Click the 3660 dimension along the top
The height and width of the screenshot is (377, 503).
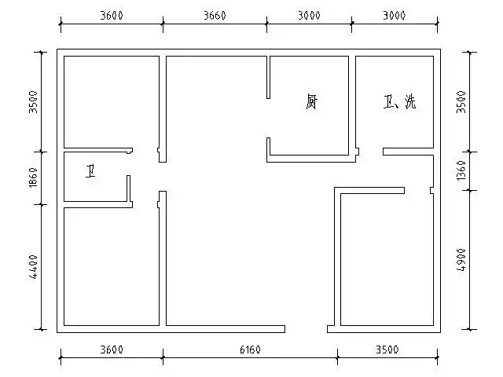(215, 16)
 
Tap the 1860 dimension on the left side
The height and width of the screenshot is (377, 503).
(33, 178)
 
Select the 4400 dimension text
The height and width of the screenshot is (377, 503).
(33, 266)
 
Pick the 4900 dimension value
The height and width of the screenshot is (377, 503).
(461, 260)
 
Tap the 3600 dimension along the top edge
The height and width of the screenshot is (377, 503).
(112, 16)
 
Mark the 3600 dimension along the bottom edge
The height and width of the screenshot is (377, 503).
(112, 350)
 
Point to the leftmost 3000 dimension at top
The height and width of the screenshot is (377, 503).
(309, 16)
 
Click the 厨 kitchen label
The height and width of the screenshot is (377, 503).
(312, 102)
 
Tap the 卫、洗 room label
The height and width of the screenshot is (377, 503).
(399, 102)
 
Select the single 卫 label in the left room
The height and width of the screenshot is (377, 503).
(92, 170)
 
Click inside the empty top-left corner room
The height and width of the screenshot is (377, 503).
(110, 101)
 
